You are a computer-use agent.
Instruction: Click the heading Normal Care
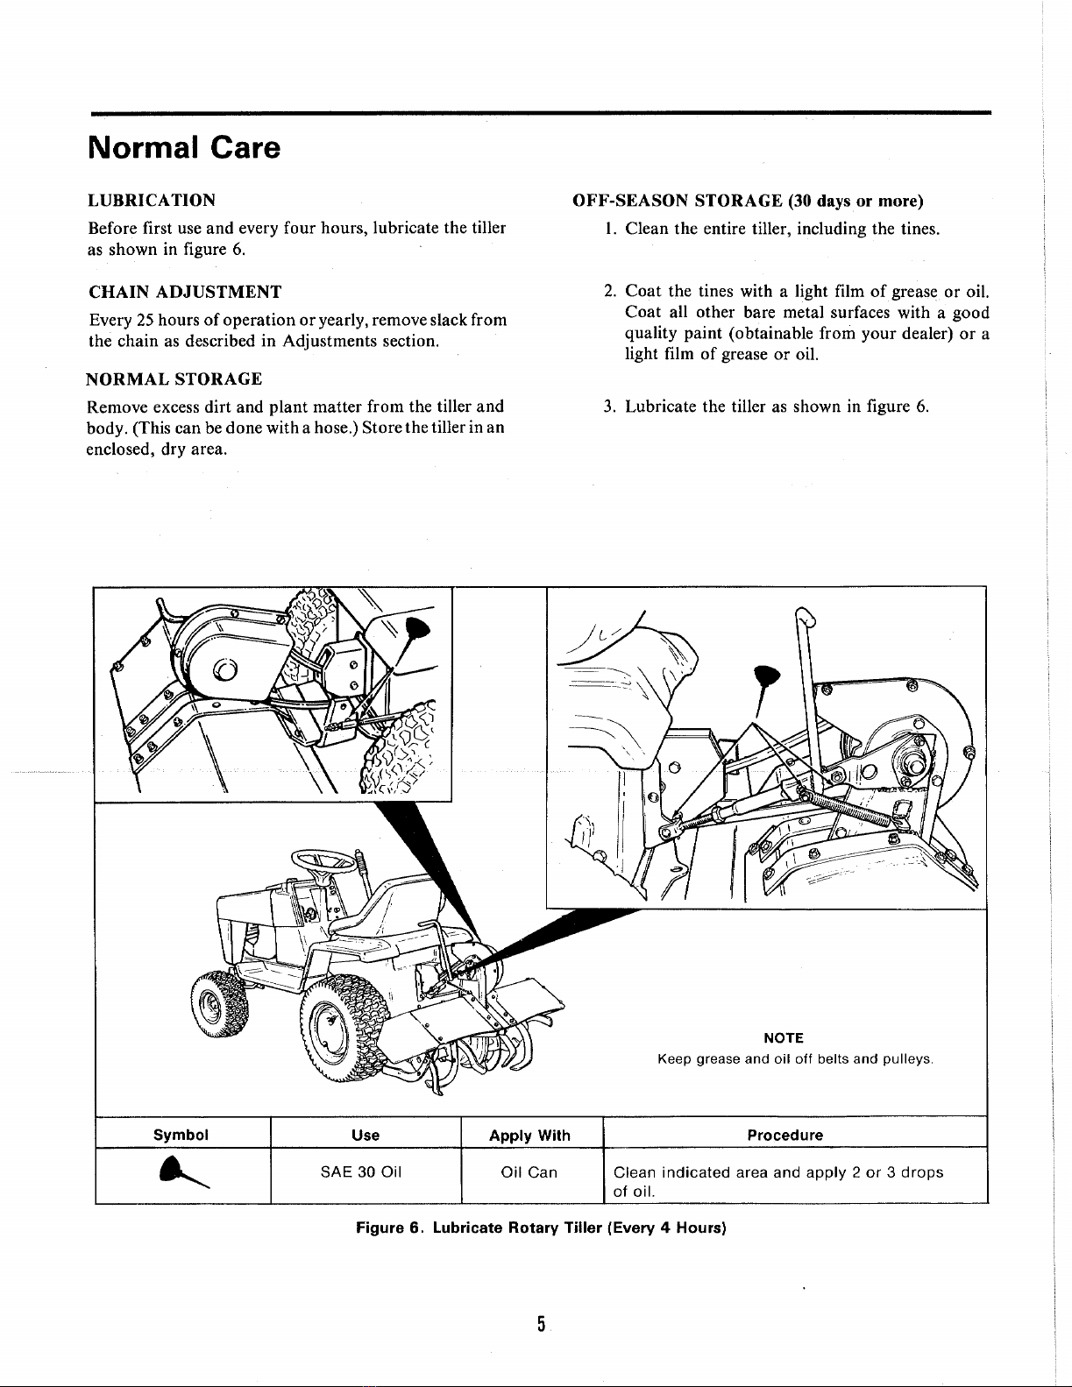point(184,147)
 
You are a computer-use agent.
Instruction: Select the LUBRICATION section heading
point(153,200)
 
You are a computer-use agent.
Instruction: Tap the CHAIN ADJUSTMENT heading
point(185,292)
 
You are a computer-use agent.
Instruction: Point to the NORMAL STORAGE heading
point(174,379)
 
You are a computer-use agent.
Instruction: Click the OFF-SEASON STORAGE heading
point(748,201)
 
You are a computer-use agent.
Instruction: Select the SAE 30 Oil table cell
point(366,1172)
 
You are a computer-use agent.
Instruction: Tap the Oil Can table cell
point(529,1172)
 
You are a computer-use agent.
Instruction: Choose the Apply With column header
point(529,1136)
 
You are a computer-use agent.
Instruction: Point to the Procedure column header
point(784,1136)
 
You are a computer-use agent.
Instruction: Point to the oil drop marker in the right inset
point(767,677)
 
